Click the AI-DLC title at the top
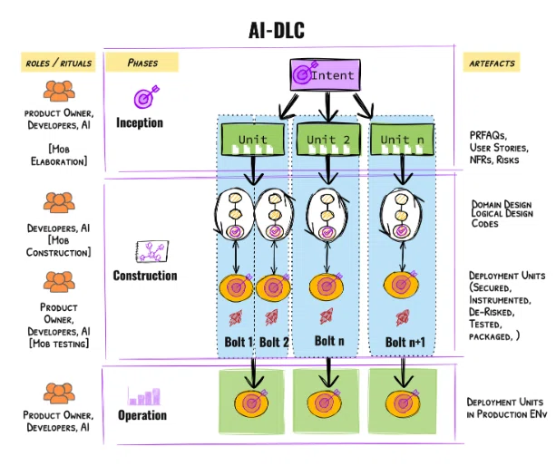pyautogui.click(x=277, y=30)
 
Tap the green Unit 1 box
pyautogui.click(x=252, y=140)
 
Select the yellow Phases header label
pyautogui.click(x=141, y=63)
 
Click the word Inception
pyautogui.click(x=141, y=121)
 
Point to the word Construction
pyautogui.click(x=145, y=275)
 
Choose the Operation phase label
pyautogui.click(x=142, y=415)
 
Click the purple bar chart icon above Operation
pyautogui.click(x=144, y=396)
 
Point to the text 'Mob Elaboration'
pyautogui.click(x=59, y=155)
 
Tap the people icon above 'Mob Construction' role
pyautogui.click(x=59, y=201)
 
